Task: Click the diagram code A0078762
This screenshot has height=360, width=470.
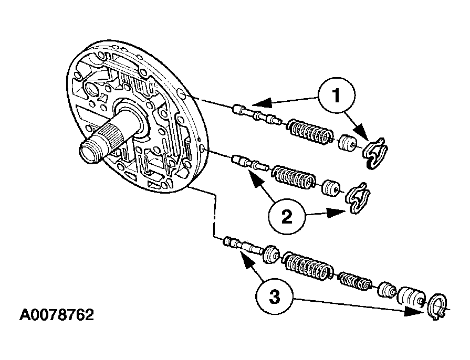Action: [57, 315]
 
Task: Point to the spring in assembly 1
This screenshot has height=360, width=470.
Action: [309, 131]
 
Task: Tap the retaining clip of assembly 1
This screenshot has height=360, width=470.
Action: [375, 153]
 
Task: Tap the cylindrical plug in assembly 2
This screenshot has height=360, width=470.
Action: [331, 188]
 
